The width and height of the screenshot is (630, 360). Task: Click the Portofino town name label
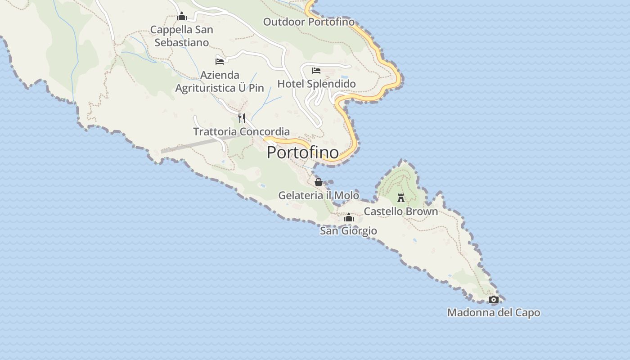tap(302, 153)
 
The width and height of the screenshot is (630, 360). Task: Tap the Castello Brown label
tap(400, 211)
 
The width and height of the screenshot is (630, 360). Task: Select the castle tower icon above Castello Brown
tap(401, 198)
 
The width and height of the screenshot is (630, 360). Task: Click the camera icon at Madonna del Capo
tap(494, 299)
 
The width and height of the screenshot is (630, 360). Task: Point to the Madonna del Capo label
tap(494, 312)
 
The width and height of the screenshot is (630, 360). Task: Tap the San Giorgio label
tap(348, 231)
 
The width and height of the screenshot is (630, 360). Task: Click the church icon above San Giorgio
tap(349, 218)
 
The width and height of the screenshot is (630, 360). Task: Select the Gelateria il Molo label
tap(319, 195)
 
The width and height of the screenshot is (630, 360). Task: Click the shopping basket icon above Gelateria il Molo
tap(319, 182)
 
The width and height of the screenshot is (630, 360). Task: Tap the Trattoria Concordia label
tap(241, 131)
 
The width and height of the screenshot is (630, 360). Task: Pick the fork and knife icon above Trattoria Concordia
tap(242, 118)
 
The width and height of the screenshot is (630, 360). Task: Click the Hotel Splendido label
tap(316, 84)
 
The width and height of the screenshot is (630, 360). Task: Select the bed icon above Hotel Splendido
tap(316, 71)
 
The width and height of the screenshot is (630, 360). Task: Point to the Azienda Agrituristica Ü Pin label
tap(220, 81)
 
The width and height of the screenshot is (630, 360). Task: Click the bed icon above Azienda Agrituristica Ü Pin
tap(220, 62)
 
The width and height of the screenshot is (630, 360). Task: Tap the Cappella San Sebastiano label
tap(182, 36)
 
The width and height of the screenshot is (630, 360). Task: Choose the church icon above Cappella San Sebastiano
tap(182, 17)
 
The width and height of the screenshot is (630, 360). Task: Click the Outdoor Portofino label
tap(309, 22)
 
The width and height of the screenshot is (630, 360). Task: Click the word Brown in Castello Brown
tap(420, 211)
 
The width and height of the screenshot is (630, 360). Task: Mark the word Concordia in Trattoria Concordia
tap(264, 131)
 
